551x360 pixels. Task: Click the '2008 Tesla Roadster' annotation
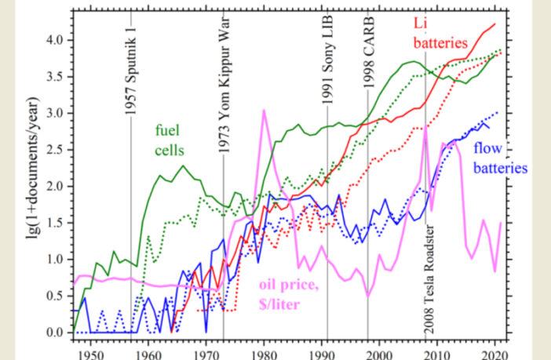pyautogui.click(x=429, y=267)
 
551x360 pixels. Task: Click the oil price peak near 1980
pyautogui.click(x=264, y=111)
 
